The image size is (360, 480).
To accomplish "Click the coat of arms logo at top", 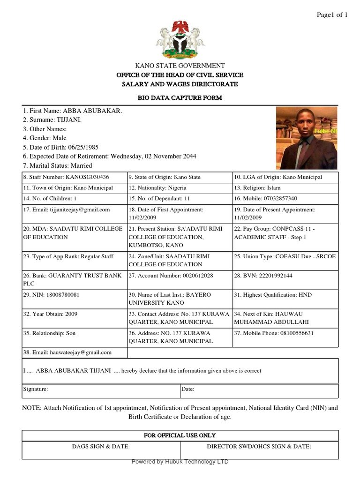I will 180,39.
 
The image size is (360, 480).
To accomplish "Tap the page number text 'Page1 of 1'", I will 332,15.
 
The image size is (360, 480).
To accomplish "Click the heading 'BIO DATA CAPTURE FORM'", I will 180,98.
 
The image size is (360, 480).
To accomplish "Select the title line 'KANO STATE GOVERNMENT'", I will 180,66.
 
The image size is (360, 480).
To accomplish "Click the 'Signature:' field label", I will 36,389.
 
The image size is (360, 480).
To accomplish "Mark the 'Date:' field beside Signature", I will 188,389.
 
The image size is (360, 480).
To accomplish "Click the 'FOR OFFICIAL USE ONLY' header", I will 180,435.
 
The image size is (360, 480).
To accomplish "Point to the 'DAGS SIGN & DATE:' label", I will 101,447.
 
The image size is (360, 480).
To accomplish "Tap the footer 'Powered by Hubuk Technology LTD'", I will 180,462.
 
